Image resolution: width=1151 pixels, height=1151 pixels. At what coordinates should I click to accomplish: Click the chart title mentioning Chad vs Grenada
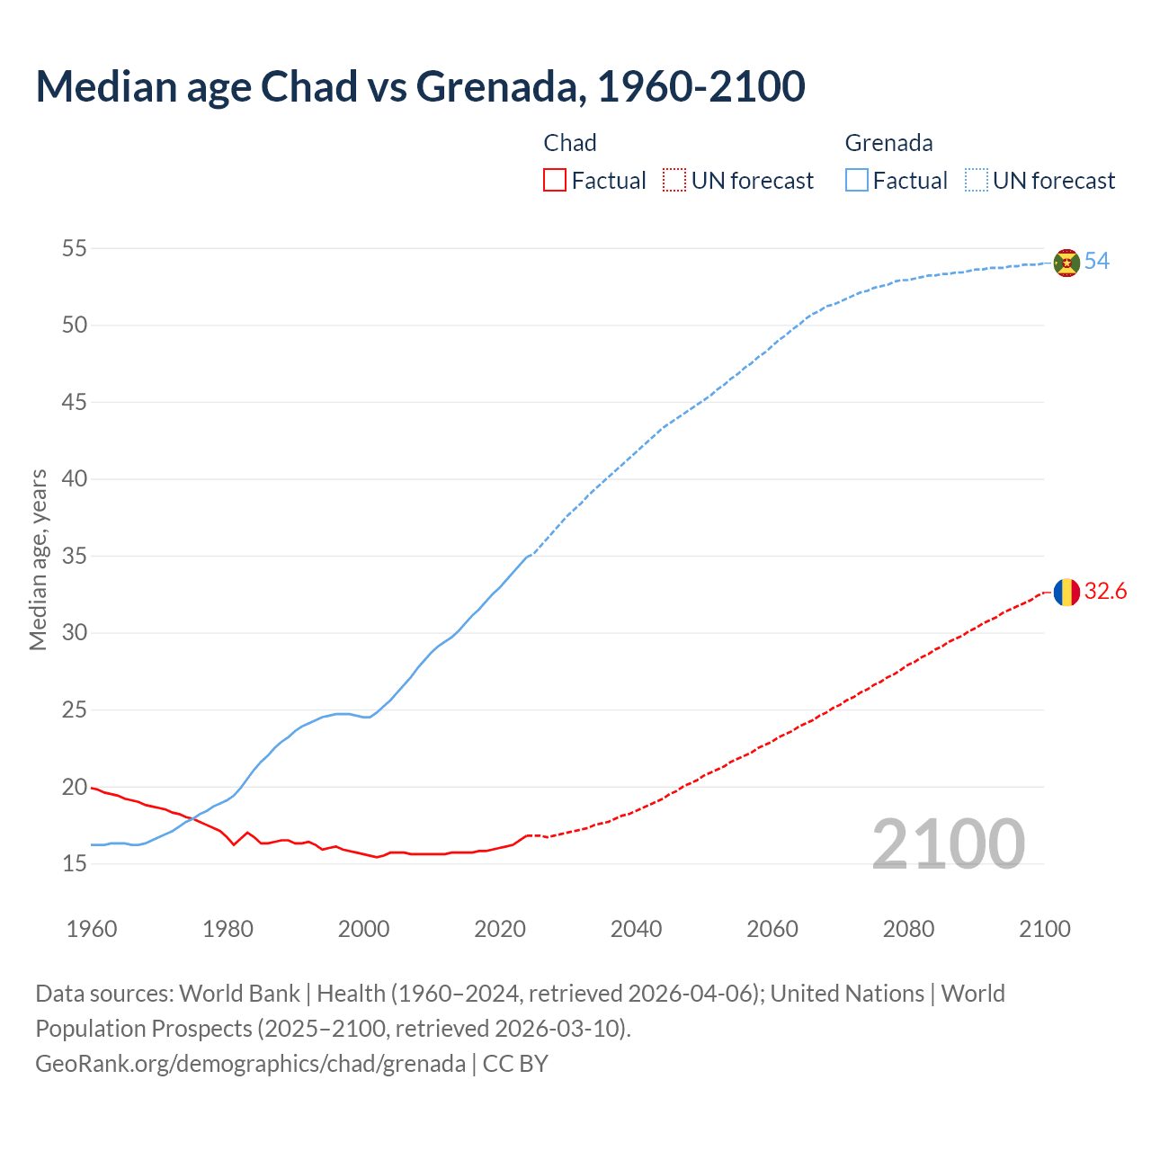(x=420, y=86)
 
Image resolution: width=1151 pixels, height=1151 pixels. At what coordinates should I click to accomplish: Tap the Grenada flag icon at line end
(x=1066, y=263)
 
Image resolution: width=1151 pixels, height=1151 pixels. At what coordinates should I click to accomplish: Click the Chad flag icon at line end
(x=1066, y=592)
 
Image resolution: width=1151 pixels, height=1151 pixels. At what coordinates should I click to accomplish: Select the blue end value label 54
(x=1097, y=262)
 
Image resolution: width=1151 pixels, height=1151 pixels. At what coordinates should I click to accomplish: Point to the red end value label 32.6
(x=1105, y=591)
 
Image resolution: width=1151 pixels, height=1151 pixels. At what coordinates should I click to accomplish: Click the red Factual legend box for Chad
(x=555, y=181)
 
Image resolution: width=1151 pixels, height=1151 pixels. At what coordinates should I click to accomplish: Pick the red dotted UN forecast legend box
(x=674, y=181)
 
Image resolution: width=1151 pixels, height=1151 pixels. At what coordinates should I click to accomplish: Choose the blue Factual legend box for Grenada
(x=856, y=181)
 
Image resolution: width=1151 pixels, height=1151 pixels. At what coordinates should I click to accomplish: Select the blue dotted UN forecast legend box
(x=976, y=181)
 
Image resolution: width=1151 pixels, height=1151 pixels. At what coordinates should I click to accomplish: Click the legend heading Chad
(x=570, y=143)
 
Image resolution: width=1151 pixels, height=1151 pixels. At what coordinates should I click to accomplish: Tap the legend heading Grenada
(x=888, y=143)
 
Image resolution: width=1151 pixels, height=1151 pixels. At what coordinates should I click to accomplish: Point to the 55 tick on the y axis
(x=75, y=248)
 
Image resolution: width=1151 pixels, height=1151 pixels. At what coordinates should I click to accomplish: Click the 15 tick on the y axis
(x=75, y=864)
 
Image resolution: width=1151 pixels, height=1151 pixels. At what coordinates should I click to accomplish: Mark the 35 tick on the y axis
(x=75, y=556)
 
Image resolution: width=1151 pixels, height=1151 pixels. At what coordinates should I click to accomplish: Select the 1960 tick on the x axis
(x=92, y=929)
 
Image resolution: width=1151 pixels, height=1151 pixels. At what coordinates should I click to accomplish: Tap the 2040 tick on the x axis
(x=636, y=929)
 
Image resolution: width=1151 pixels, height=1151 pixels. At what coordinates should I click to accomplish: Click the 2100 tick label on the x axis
(x=1044, y=929)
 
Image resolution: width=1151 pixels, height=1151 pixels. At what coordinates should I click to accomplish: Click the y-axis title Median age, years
(x=38, y=559)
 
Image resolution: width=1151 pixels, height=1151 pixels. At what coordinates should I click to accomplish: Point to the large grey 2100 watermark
(x=948, y=843)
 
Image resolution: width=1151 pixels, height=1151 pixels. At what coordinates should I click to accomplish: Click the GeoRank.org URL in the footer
(x=250, y=1064)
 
